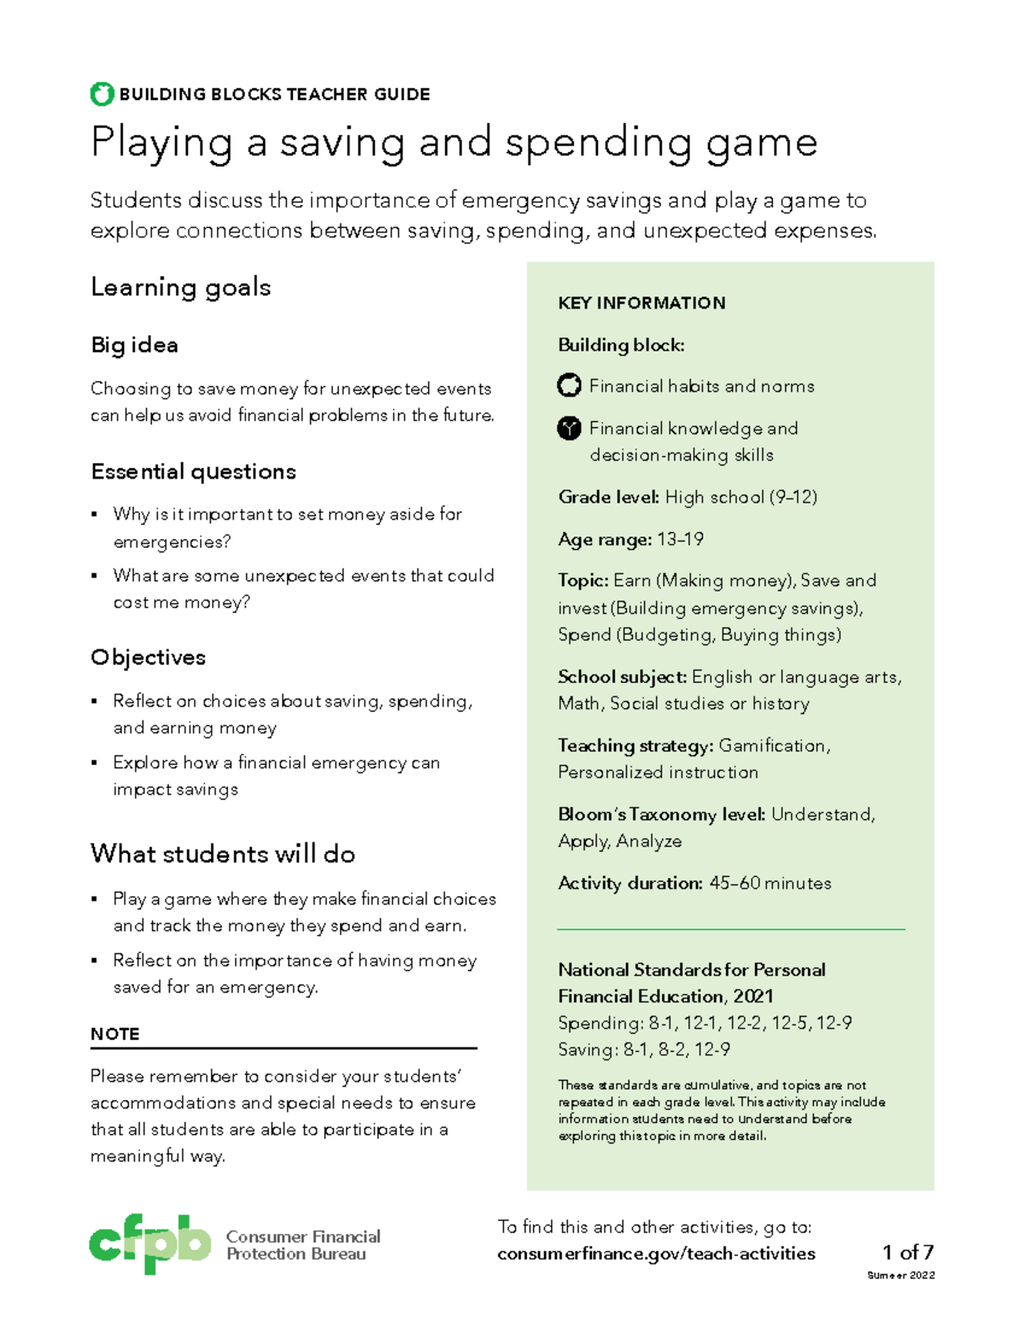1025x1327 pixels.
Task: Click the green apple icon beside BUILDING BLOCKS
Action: [102, 94]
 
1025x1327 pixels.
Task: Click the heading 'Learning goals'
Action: [180, 287]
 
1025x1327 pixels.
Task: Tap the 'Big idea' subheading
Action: [134, 345]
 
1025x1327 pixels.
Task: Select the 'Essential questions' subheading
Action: [193, 472]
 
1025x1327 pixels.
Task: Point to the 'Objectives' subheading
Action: [148, 657]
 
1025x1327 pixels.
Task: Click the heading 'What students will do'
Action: [222, 854]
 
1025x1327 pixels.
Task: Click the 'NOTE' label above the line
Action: [114, 1034]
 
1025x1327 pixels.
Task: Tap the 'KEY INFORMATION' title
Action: [641, 303]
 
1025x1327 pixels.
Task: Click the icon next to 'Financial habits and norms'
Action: [569, 386]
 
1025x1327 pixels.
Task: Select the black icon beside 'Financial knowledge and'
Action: [569, 428]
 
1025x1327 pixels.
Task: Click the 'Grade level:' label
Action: [608, 497]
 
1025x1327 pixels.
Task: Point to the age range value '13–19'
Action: [680, 539]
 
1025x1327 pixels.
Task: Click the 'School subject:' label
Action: [622, 677]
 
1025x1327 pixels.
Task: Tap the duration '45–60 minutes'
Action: [770, 884]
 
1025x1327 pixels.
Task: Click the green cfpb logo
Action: [149, 1243]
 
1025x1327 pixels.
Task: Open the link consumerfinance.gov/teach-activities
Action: [656, 1254]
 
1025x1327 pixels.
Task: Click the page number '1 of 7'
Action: [907, 1253]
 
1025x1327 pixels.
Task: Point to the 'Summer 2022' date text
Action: [900, 1276]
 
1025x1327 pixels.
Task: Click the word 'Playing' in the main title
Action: [161, 143]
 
